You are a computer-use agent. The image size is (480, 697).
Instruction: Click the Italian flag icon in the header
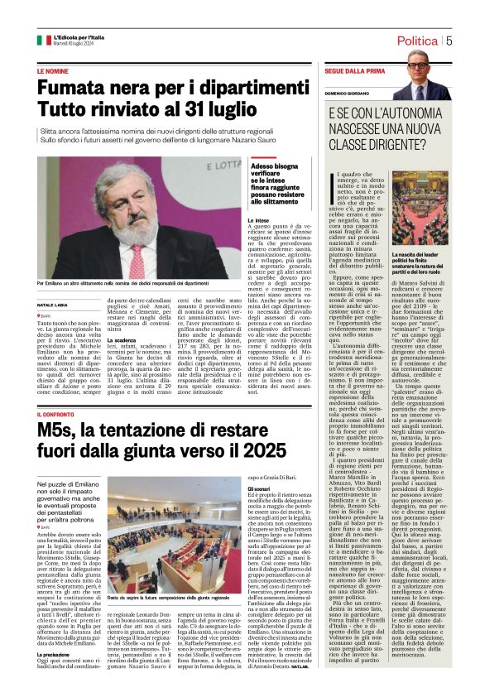(x=43, y=40)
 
